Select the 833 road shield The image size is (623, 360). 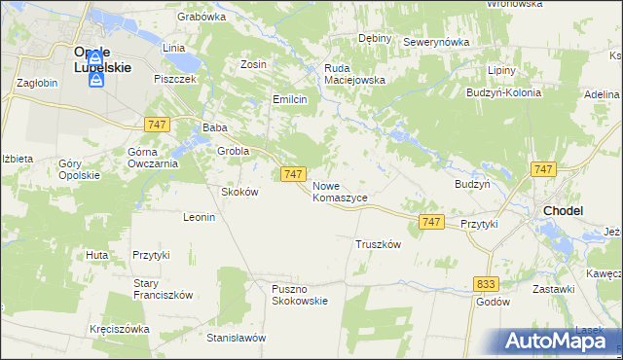[x=488, y=283]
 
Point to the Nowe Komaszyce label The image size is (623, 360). [x=340, y=191]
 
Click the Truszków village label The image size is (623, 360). [x=379, y=244]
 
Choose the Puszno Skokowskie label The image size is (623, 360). [x=300, y=294]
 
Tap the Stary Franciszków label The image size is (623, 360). [x=164, y=289]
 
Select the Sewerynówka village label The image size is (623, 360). [x=436, y=43]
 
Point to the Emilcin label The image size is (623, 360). [x=290, y=99]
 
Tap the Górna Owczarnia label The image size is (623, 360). [x=152, y=158]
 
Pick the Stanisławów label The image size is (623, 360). [x=237, y=338]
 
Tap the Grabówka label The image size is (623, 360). [x=202, y=17]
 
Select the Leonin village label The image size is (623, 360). [x=199, y=217]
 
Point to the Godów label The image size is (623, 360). [x=494, y=302]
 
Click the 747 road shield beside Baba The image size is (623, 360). [x=157, y=125]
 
